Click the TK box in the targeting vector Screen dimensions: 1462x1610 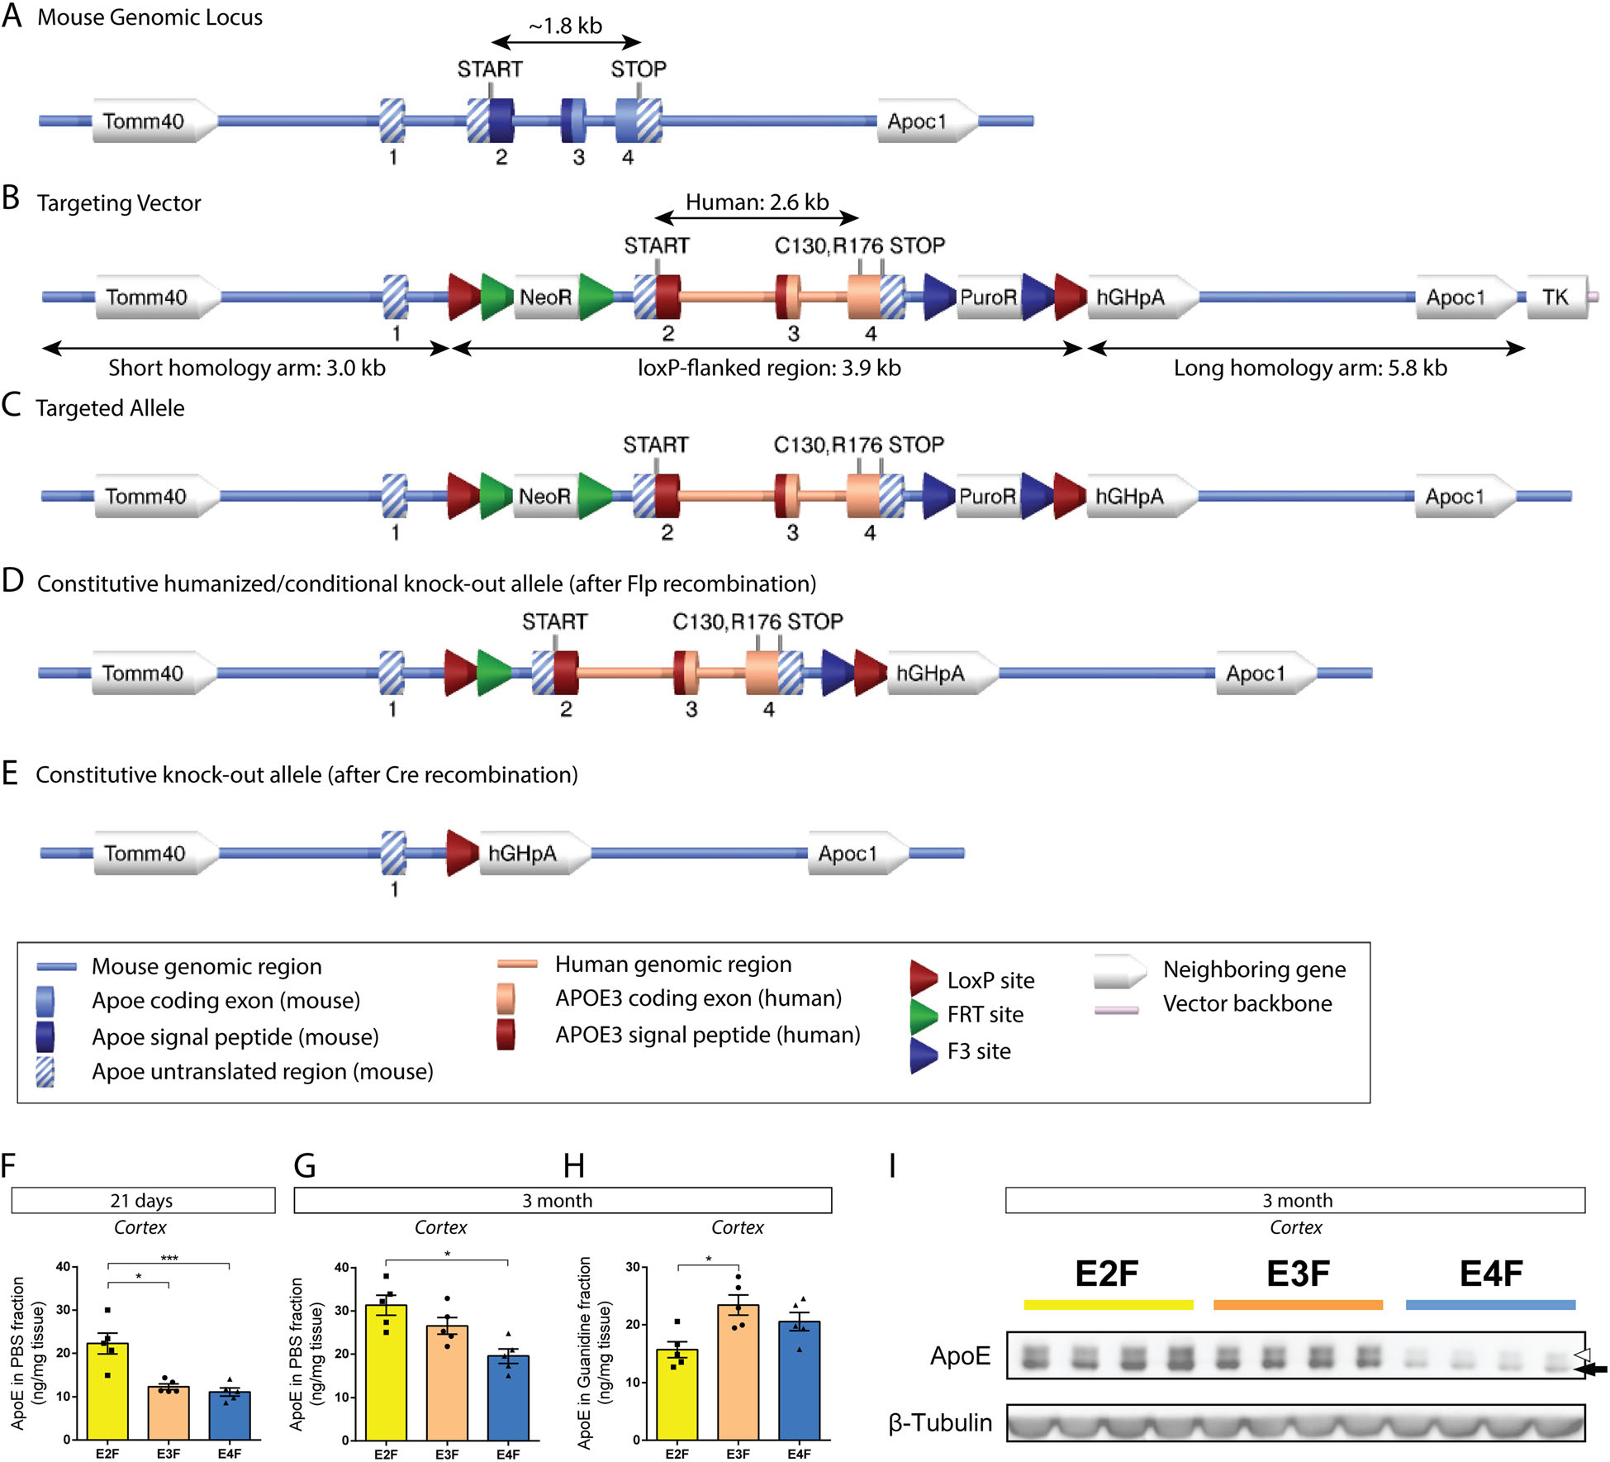point(1555,298)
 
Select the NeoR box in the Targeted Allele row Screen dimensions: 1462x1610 point(545,497)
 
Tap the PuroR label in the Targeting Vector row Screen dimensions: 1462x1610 point(988,298)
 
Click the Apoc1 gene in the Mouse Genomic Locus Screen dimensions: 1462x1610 point(917,121)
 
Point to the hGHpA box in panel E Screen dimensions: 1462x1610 point(524,854)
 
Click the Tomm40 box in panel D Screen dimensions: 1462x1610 point(144,674)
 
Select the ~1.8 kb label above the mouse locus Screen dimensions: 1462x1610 point(566,26)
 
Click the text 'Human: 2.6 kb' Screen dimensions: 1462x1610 point(757,202)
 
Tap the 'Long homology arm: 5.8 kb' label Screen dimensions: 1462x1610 point(1310,369)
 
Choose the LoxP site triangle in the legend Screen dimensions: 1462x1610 point(923,979)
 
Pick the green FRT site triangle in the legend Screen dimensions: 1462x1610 point(923,1015)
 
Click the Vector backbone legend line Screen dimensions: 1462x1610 point(1116,1010)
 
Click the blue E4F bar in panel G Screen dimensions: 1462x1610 point(508,1398)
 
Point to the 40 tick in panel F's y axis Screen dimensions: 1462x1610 point(63,1267)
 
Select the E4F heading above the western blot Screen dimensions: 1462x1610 point(1491,1274)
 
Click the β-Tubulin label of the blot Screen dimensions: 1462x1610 point(940,1422)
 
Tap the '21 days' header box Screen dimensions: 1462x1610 point(142,1201)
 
